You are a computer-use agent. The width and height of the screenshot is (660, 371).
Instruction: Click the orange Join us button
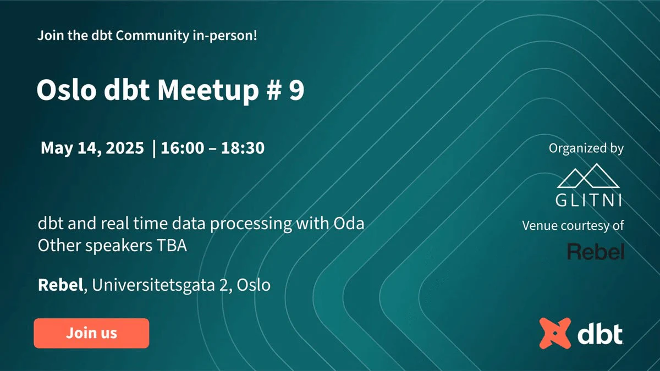91,333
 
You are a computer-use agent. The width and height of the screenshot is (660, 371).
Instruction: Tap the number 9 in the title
296,91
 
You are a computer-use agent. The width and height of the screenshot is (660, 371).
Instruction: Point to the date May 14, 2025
92,148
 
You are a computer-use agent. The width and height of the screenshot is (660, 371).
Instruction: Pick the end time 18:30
243,148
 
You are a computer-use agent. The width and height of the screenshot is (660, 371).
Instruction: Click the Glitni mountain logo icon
589,178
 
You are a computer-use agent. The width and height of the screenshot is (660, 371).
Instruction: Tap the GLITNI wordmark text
589,201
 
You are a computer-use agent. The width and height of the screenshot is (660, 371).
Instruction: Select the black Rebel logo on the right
596,252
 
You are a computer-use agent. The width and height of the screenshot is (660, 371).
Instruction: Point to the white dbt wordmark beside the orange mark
600,333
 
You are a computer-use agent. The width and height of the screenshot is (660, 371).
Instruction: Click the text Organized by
586,148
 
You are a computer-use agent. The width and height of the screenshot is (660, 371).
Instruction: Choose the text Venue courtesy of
573,225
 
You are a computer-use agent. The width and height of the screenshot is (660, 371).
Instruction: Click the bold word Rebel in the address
59,285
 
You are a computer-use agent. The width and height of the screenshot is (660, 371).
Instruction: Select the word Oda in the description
349,224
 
